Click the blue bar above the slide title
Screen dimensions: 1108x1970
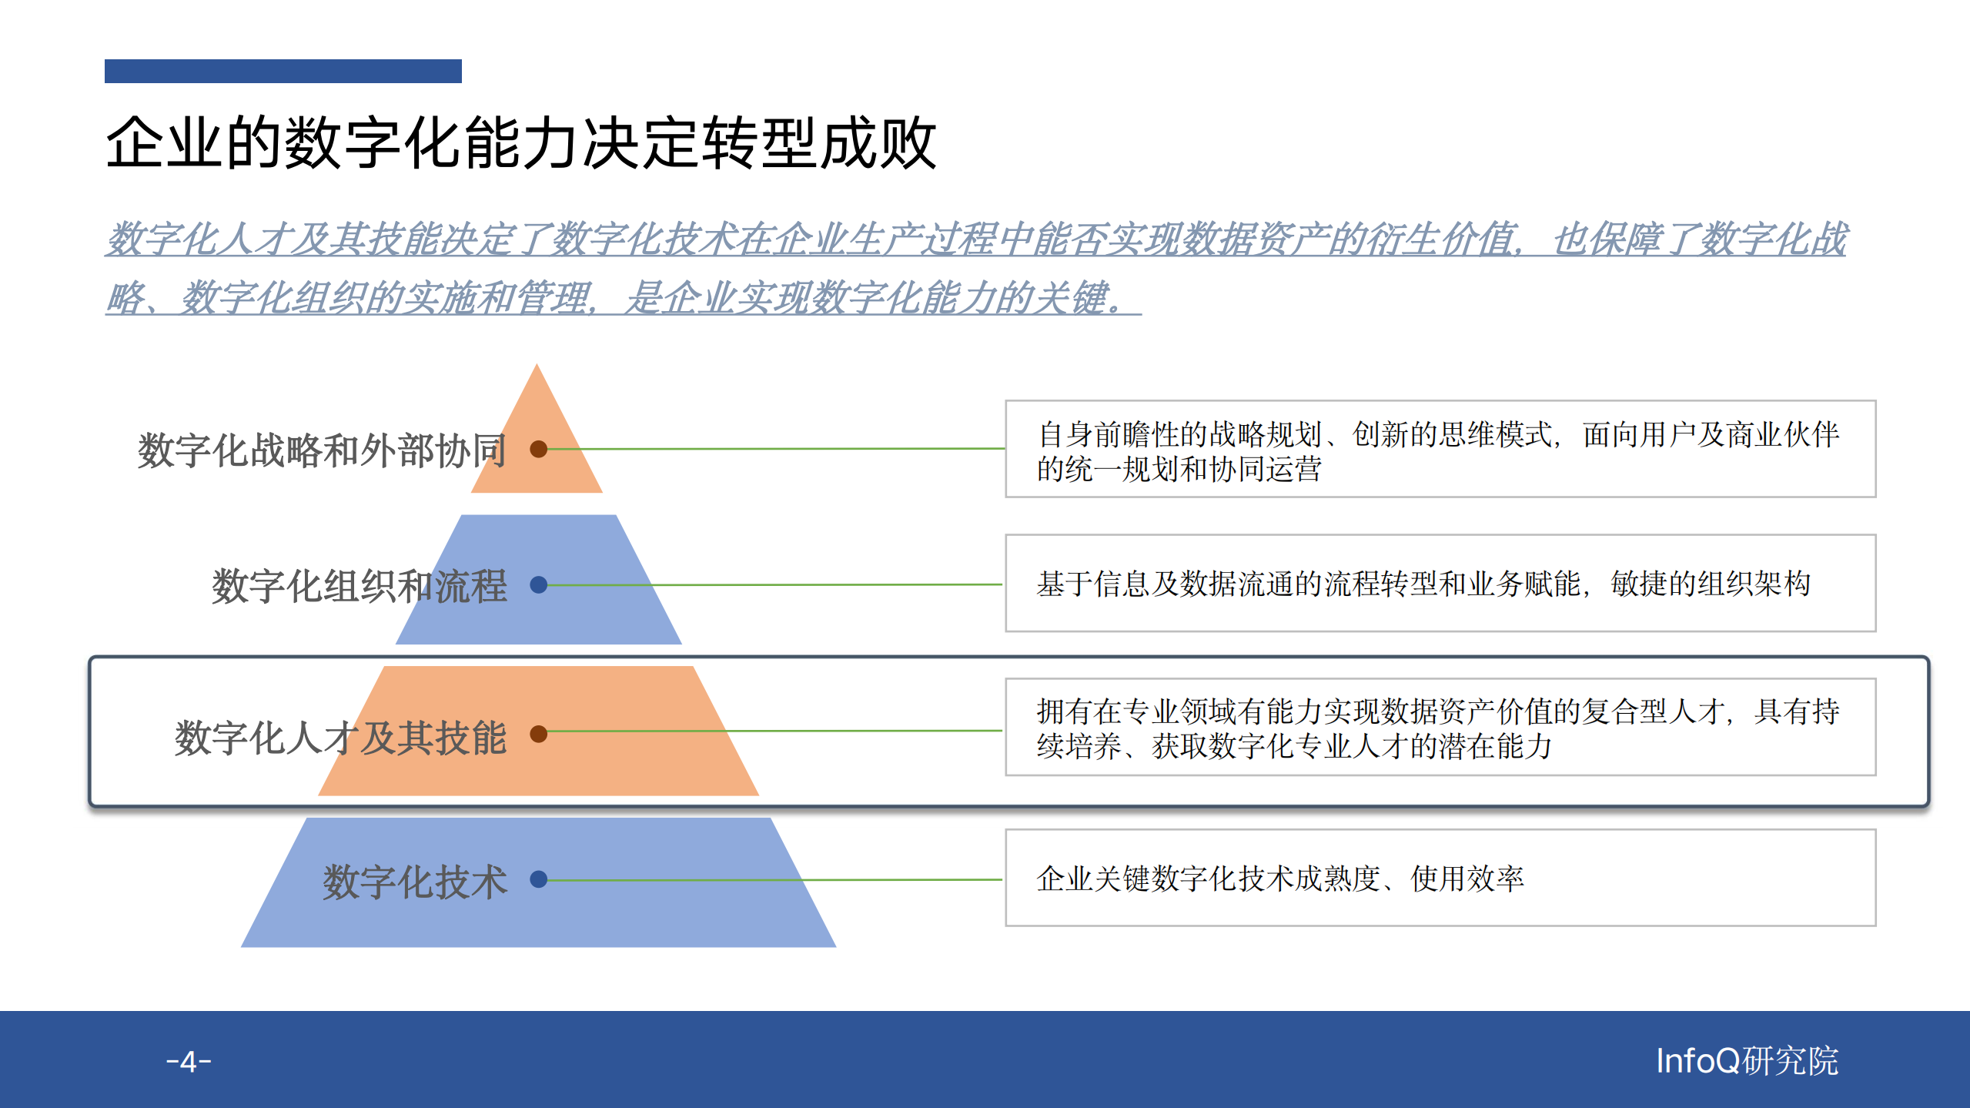283,71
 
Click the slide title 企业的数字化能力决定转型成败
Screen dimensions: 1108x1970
520,143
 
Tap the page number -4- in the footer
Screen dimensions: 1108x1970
189,1062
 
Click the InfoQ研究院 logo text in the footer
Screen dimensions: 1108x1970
1746,1061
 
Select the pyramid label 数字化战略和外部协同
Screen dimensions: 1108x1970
321,450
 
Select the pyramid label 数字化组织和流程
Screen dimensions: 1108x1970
359,586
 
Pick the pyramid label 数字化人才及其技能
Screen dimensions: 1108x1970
340,738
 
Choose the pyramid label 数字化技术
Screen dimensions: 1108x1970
414,881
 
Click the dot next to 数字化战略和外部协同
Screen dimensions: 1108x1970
539,449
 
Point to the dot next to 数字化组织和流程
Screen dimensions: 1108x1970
539,585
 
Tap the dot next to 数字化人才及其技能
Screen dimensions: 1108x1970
539,734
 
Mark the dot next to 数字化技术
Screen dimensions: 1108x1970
539,879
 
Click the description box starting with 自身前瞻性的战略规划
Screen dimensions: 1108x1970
1440,449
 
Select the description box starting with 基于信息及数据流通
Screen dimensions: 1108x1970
1440,584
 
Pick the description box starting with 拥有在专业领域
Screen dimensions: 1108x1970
1440,727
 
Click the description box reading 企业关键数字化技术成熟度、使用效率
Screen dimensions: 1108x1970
1440,878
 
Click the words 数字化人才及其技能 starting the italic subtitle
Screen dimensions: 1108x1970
273,239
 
